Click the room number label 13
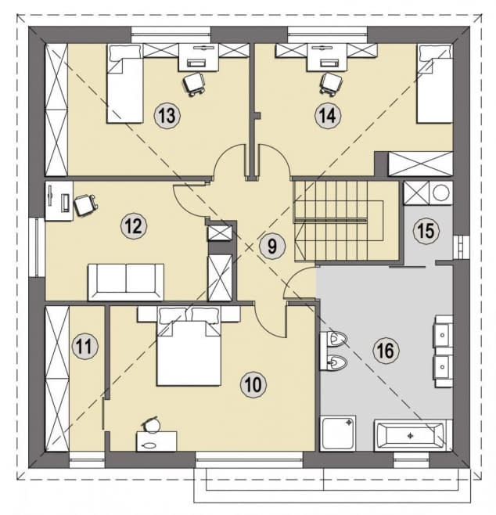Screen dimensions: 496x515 coord(167,115)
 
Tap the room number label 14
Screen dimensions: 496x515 coord(328,115)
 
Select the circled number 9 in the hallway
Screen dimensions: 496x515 coord(272,246)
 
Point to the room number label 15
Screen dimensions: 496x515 coord(426,230)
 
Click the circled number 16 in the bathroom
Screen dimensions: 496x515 coord(386,351)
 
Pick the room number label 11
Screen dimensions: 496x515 coord(85,347)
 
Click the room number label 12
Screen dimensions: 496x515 coord(134,226)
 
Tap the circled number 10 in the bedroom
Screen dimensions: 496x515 coord(253,384)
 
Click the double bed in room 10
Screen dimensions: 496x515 coord(189,346)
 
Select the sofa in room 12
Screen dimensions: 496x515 coord(126,282)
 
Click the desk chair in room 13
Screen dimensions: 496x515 coord(193,84)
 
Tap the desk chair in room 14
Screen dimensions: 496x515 coord(331,84)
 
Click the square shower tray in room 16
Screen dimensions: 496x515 coord(338,433)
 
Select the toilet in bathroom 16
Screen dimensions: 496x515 coord(334,339)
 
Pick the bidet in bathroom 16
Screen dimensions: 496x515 coord(334,362)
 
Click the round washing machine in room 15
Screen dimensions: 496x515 coord(440,193)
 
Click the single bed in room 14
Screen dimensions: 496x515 coord(435,84)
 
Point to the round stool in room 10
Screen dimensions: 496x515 coord(152,425)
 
